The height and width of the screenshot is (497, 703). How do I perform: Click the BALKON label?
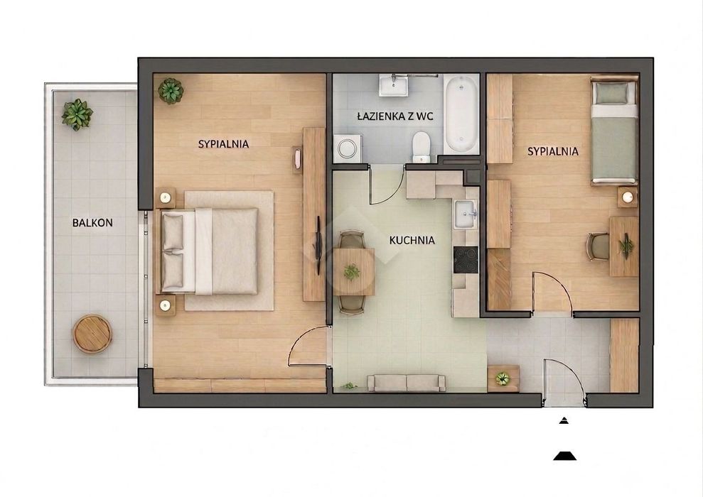[x=92, y=222]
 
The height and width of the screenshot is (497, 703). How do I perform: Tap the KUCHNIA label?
[x=412, y=241]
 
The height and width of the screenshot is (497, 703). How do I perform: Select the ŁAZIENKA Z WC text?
[x=395, y=116]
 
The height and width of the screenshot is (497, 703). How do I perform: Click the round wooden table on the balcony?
[x=92, y=334]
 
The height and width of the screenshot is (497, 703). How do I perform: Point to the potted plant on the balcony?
[x=77, y=114]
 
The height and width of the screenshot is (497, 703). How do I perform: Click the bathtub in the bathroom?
[x=461, y=114]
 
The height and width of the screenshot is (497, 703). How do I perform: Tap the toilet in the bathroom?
[x=421, y=146]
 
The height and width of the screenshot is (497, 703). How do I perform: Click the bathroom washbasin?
[x=393, y=85]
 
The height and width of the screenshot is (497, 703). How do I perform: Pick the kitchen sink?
[x=466, y=214]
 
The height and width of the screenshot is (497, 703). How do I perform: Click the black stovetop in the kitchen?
[x=466, y=260]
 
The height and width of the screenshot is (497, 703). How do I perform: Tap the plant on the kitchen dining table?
[x=351, y=272]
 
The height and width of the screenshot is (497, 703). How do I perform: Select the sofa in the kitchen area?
[x=406, y=383]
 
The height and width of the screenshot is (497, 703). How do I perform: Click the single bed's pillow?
[x=613, y=92]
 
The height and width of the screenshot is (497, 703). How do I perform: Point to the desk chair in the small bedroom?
[x=597, y=246]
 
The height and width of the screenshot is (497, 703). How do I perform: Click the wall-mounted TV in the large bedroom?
[x=318, y=246]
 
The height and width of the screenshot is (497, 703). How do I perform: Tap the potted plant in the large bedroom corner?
[x=171, y=91]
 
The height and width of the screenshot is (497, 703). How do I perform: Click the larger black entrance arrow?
[x=564, y=456]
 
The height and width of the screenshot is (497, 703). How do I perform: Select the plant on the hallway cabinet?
[x=503, y=379]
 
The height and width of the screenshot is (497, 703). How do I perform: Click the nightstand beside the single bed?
[x=627, y=197]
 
